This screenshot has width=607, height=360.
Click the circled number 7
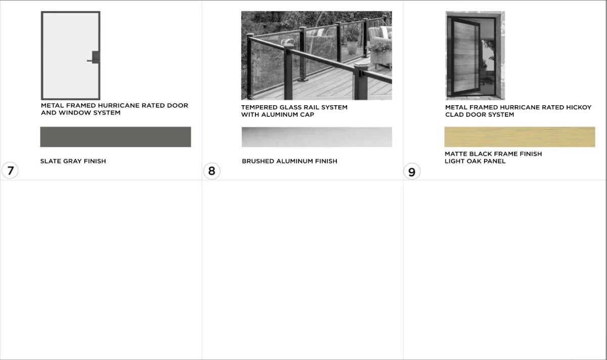[10, 170]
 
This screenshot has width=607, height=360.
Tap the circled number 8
[211, 171]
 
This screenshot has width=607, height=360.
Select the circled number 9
[412, 171]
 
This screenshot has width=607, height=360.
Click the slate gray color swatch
[115, 137]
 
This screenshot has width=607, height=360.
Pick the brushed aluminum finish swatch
[317, 137]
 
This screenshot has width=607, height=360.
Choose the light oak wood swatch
[520, 137]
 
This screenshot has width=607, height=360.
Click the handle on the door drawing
[94, 58]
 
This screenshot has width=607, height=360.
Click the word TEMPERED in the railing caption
[259, 107]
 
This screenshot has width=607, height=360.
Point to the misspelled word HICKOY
[579, 107]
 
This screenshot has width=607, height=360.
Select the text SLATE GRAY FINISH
[73, 161]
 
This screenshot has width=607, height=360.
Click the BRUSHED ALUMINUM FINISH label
[289, 161]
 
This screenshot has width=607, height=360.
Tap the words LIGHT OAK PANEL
[475, 161]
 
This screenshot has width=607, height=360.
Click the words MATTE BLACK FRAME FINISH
[493, 154]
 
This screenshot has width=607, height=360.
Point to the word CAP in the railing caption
[308, 115]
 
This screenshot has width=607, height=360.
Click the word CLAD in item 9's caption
[454, 115]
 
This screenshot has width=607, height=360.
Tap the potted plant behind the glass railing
[352, 43]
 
